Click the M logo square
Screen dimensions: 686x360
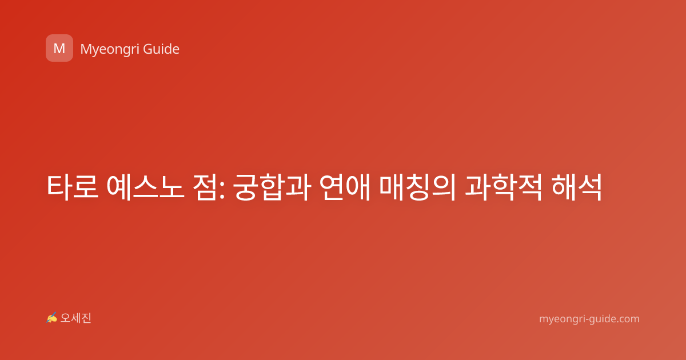tap(59, 48)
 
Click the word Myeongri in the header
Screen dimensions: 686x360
tap(109, 50)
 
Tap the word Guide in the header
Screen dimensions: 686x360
tap(161, 49)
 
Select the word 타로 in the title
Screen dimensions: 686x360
tap(73, 187)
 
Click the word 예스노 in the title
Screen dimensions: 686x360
tap(145, 187)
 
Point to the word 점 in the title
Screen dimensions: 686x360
tap(205, 187)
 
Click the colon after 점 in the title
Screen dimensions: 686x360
tap(222, 190)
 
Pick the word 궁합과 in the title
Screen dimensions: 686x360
tap(272, 187)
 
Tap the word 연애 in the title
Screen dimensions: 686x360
tap(345, 187)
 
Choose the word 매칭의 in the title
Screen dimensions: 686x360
tap(418, 187)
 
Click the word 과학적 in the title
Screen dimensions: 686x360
tap(504, 187)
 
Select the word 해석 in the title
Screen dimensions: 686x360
tap(576, 187)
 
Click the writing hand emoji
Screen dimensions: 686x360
tap(52, 318)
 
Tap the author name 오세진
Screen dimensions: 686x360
tap(75, 318)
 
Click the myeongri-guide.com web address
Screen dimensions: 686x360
tap(589, 319)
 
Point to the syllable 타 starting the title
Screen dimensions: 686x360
tap(59, 187)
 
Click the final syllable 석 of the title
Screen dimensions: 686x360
tap(589, 187)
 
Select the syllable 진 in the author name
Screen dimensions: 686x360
tap(86, 318)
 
